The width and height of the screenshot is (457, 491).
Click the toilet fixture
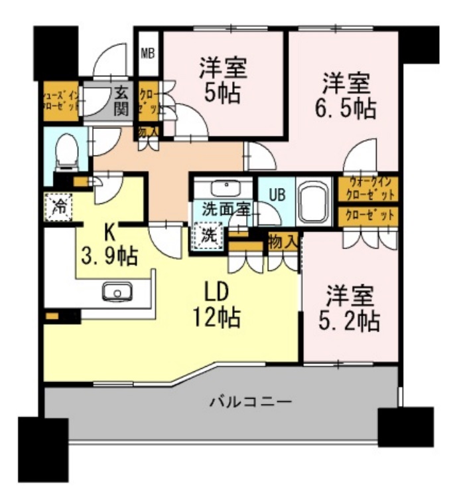(66, 152)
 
